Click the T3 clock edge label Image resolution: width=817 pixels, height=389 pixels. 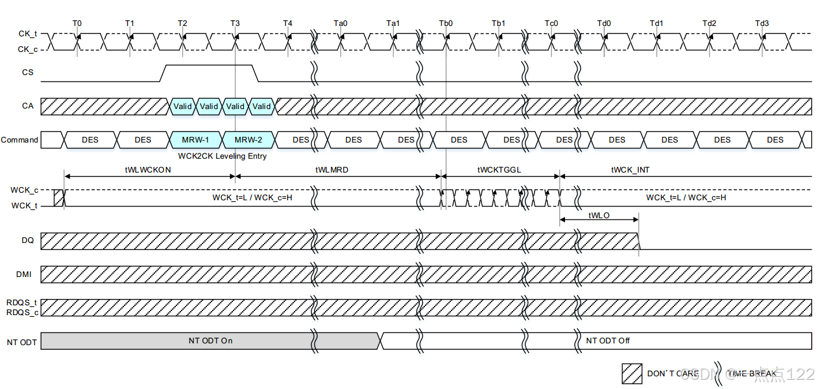[235, 23]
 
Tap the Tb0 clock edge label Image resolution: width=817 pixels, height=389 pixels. [446, 23]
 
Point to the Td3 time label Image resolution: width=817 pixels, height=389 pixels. [762, 23]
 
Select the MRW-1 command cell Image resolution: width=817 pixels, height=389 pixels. [195, 140]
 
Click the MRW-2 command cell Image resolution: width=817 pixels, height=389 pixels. [249, 140]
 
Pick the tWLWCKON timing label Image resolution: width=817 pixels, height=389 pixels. [148, 170]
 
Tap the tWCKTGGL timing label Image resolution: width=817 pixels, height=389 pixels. [499, 170]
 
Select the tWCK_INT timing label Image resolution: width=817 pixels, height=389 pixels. [630, 170]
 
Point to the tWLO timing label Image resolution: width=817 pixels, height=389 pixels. [599, 215]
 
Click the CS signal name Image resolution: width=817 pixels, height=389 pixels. [28, 73]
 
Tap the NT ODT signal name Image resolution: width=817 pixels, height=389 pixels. [22, 342]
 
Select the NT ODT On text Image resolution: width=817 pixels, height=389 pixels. [210, 341]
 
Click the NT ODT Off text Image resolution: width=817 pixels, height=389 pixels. [608, 341]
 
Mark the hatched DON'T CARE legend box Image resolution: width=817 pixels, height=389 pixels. [632, 373]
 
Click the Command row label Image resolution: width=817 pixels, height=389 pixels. [20, 140]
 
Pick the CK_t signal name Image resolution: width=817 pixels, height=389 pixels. [28, 34]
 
